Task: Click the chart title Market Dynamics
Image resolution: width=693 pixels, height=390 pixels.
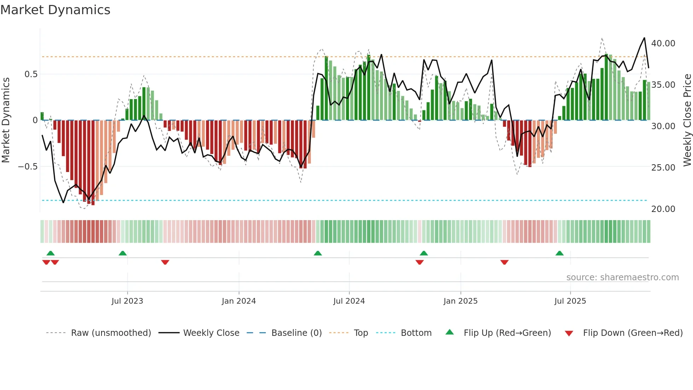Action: (x=55, y=10)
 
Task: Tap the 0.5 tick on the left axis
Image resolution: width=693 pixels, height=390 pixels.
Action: (x=31, y=74)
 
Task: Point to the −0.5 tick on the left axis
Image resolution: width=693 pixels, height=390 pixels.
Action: (x=28, y=167)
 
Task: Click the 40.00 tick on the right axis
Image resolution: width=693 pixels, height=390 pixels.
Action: (x=663, y=44)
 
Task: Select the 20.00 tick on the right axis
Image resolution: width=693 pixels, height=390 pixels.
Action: (x=663, y=209)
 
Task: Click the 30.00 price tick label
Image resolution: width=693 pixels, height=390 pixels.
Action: (x=663, y=126)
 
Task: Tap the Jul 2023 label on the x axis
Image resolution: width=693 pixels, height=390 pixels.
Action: (x=127, y=301)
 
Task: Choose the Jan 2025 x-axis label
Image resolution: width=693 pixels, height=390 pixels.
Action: (x=460, y=301)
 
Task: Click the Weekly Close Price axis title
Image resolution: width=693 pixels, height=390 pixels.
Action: (x=687, y=120)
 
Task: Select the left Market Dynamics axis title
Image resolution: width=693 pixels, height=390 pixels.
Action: (x=6, y=120)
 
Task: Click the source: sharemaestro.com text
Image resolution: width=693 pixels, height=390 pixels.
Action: (x=622, y=277)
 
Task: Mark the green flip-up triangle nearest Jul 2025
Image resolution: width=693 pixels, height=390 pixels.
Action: (x=559, y=253)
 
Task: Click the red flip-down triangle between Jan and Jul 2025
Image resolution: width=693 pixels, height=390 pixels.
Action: (x=505, y=262)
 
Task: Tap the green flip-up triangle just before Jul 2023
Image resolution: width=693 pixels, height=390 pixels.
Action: (x=123, y=253)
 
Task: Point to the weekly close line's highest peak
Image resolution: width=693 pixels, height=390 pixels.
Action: (x=644, y=38)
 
